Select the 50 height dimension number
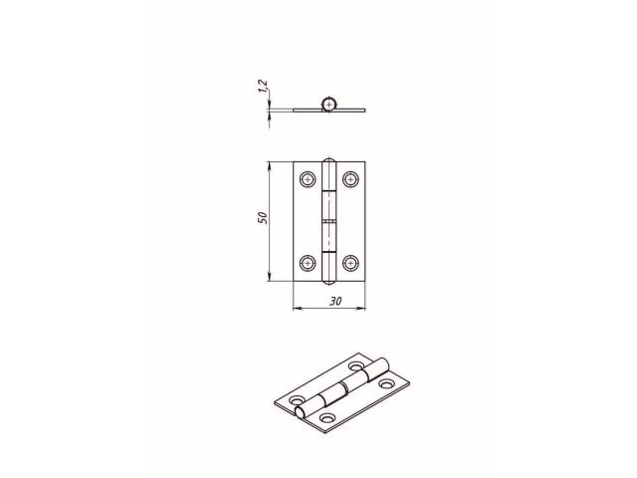pyautogui.click(x=260, y=219)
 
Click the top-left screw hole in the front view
pyautogui.click(x=307, y=179)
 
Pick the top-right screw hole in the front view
pyautogui.click(x=351, y=179)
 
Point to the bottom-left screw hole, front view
pyautogui.click(x=307, y=263)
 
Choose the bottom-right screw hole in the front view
pyautogui.click(x=351, y=263)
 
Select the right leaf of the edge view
pyautogui.click(x=353, y=109)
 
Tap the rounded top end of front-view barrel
pyautogui.click(x=328, y=159)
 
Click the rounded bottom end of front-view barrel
pyautogui.click(x=328, y=282)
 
